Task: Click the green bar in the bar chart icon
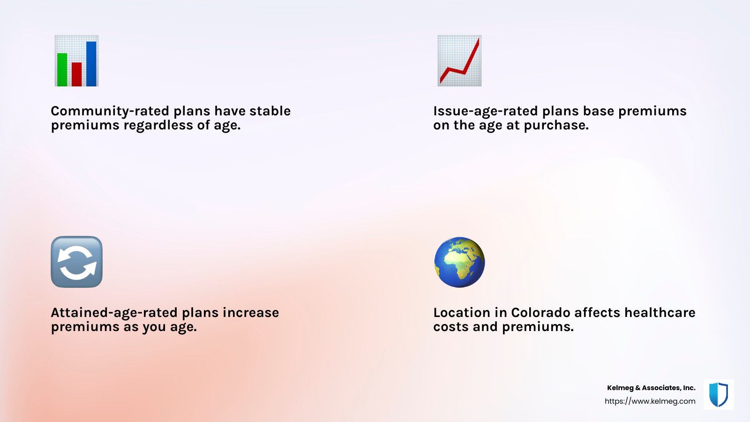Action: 62,70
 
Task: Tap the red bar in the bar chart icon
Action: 77,75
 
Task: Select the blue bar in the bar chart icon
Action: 91,64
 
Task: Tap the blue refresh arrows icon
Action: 77,262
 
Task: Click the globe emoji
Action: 459,262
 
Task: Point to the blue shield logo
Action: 719,394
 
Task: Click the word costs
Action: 451,327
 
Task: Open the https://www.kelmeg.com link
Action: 650,401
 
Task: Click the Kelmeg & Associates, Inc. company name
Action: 651,388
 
